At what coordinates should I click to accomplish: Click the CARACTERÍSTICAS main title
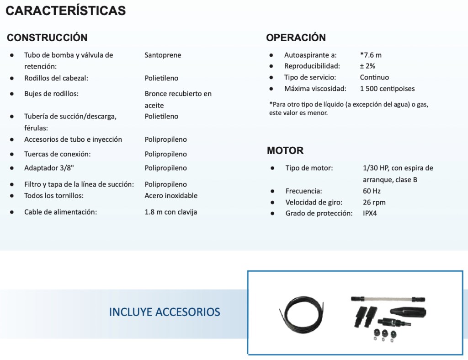(x=65, y=11)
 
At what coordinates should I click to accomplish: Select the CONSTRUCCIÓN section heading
(x=47, y=38)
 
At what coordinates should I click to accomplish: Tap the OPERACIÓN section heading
(x=296, y=38)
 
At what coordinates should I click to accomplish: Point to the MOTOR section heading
(x=285, y=150)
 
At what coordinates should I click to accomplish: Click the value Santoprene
(x=163, y=55)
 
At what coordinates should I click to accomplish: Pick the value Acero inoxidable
(x=171, y=196)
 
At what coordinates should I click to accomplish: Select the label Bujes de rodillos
(x=51, y=94)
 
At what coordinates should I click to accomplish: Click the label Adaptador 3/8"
(x=46, y=168)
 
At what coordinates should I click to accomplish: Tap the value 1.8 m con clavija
(x=171, y=212)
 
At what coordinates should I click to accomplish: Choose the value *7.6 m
(x=371, y=55)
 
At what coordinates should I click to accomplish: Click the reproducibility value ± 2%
(x=367, y=66)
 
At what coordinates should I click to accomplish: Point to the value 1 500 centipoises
(x=387, y=89)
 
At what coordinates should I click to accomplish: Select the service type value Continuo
(x=374, y=77)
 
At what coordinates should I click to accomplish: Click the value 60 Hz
(x=372, y=191)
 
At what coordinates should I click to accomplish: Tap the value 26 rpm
(x=374, y=202)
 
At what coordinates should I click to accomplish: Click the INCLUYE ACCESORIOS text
(x=165, y=312)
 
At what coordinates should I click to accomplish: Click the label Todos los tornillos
(x=54, y=196)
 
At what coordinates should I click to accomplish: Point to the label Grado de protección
(x=319, y=213)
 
